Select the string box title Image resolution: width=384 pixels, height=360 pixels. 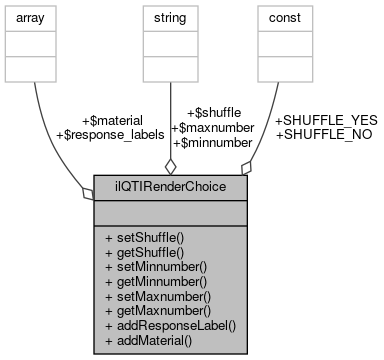coord(170,18)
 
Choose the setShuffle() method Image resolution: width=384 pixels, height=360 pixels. coord(147,240)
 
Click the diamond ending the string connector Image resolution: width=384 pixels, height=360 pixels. coord(171,165)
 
